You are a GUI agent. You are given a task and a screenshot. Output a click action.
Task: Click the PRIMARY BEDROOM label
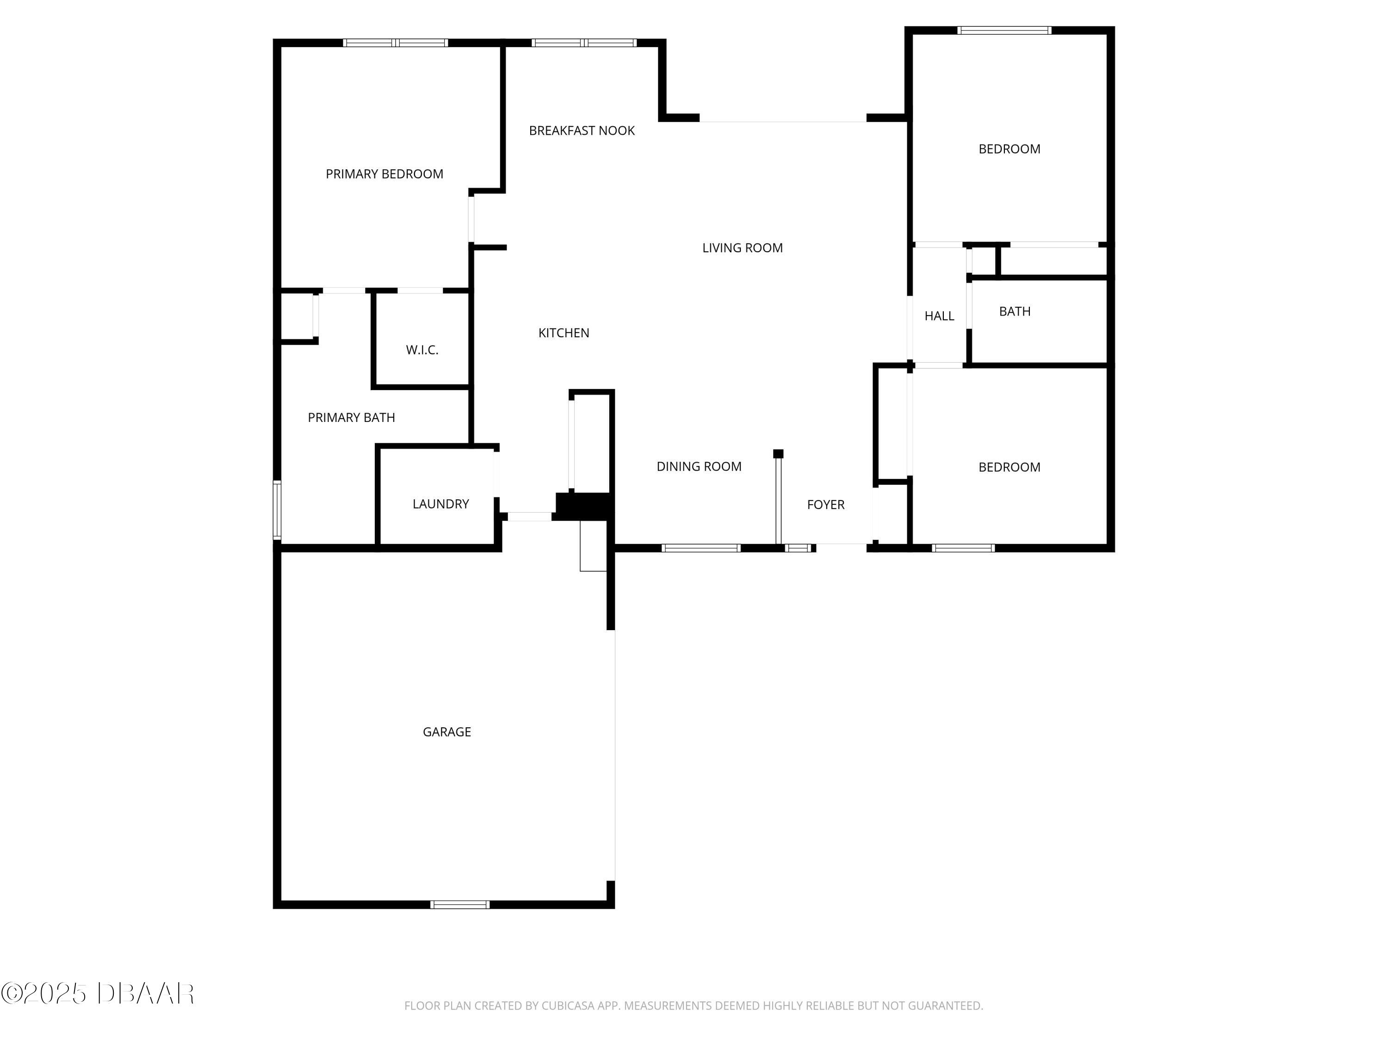(x=384, y=174)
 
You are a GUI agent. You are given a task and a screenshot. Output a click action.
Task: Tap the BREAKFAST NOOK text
(x=581, y=130)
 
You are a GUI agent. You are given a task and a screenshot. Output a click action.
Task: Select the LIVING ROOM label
(x=742, y=248)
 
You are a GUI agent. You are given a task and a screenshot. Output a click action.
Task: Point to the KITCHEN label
(x=564, y=333)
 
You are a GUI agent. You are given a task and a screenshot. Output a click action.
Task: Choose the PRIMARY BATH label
(x=351, y=418)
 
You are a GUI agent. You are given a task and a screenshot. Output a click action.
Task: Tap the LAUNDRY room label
(x=440, y=504)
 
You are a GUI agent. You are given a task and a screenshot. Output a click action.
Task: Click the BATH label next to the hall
(x=1014, y=311)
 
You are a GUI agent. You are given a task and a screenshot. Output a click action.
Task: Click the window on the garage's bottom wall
(x=459, y=904)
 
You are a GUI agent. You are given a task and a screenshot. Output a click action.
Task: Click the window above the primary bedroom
(x=395, y=43)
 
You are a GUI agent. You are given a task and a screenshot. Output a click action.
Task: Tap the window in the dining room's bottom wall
(x=701, y=548)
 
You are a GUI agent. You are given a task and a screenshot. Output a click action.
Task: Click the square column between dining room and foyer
(x=778, y=454)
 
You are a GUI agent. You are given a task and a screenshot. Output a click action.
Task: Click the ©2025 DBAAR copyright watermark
(x=97, y=993)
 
